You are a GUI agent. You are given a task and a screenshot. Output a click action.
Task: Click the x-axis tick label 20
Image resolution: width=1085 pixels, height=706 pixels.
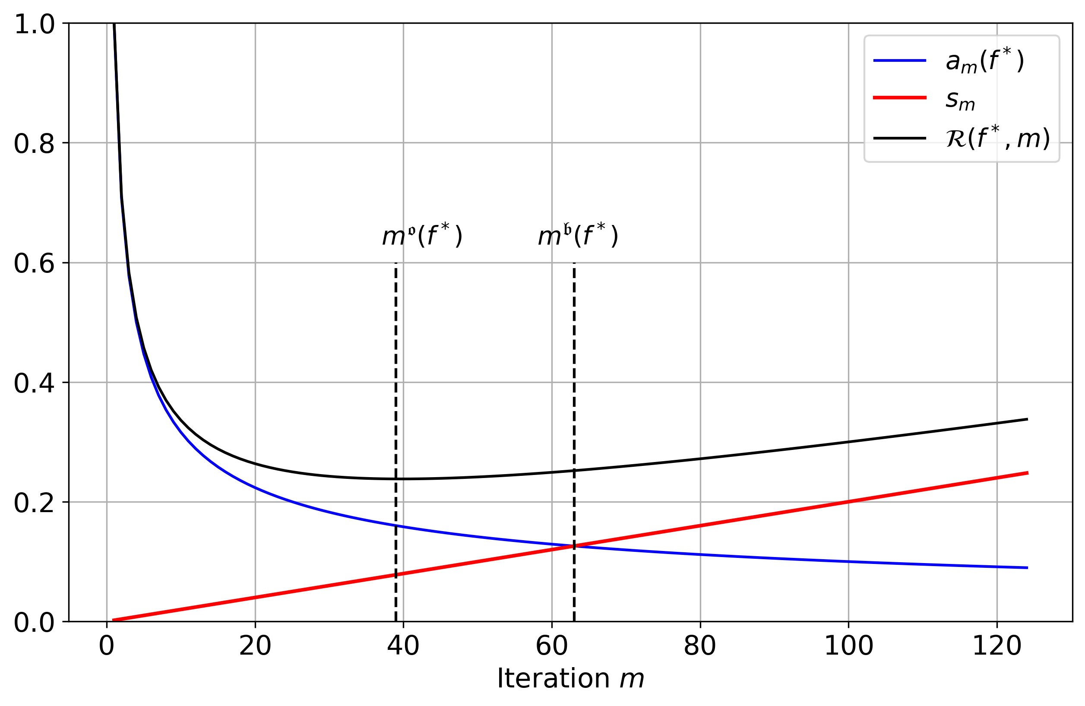(x=255, y=646)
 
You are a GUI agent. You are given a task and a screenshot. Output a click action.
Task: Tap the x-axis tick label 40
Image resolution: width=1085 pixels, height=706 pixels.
(x=403, y=646)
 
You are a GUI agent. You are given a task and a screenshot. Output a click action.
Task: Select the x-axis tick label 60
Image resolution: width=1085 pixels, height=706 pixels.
(x=552, y=646)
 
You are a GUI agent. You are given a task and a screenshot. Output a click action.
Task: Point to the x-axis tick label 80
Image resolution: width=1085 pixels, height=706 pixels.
(x=700, y=646)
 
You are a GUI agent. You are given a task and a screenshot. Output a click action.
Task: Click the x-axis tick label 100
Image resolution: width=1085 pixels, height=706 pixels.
(x=848, y=646)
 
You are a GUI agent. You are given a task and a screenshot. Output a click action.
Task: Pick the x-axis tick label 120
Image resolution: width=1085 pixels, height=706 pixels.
(x=996, y=646)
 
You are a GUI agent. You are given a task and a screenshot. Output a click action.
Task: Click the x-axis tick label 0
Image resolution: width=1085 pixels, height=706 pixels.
(x=107, y=646)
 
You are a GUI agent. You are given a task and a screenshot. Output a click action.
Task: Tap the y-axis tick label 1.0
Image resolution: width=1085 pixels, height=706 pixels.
(x=35, y=24)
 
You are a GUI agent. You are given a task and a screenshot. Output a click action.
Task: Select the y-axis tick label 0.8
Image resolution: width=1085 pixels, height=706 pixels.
(x=35, y=144)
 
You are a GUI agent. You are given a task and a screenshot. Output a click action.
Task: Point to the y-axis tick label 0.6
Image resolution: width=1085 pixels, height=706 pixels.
(x=35, y=263)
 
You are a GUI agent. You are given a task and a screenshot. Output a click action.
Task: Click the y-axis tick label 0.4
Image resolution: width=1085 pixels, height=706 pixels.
(x=35, y=383)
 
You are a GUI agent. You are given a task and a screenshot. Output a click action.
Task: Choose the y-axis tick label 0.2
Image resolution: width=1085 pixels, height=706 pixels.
(x=35, y=503)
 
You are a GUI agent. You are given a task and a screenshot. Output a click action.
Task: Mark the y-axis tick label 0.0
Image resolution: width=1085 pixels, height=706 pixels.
(x=35, y=623)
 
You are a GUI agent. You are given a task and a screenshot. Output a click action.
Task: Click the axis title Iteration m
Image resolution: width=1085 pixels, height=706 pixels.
(x=570, y=679)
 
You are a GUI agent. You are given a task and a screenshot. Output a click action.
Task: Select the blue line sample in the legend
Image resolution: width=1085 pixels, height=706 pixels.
(x=899, y=60)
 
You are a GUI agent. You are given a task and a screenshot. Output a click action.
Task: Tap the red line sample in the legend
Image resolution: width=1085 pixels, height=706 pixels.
(x=899, y=98)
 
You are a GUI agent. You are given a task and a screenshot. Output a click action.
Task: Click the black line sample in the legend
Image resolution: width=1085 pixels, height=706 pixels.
(x=899, y=138)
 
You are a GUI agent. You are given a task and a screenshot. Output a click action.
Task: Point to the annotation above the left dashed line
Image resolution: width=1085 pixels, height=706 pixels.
(x=422, y=236)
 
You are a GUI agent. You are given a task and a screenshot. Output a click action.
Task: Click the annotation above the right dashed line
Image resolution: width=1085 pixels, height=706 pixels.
(x=578, y=236)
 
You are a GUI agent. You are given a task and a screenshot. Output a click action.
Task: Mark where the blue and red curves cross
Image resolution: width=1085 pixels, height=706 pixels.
(x=573, y=546)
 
